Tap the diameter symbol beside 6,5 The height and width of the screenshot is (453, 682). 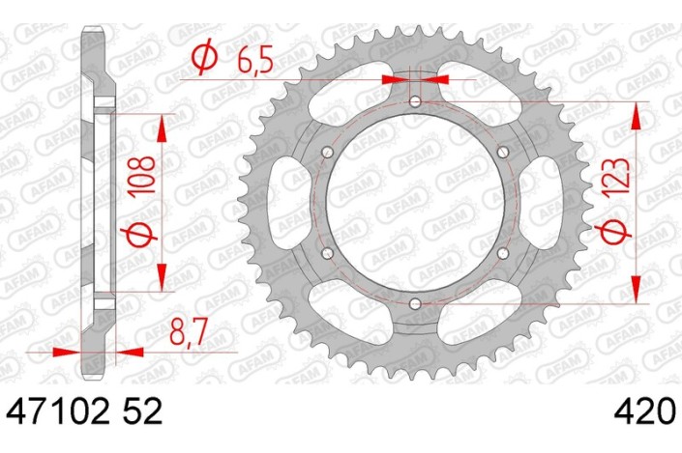tap(205, 60)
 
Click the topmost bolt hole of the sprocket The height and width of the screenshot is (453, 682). tap(415, 101)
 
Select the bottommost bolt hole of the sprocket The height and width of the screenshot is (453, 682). tap(415, 306)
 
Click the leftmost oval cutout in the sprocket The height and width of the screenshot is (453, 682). tap(286, 204)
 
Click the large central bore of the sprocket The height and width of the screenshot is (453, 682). tap(415, 204)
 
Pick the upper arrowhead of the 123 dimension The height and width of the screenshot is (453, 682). tap(636, 116)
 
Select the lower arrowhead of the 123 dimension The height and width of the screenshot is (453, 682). tap(636, 289)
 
